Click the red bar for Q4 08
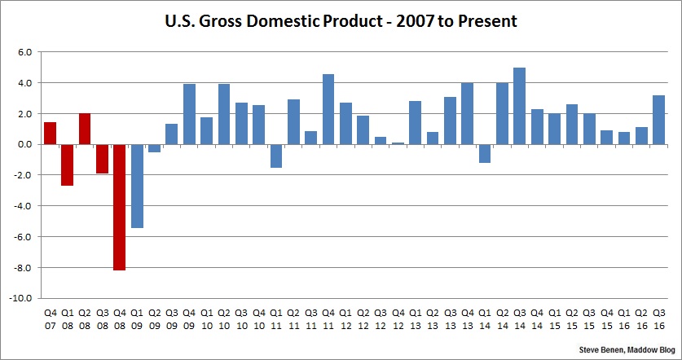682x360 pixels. [x=119, y=207]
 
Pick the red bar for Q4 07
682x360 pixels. [x=50, y=133]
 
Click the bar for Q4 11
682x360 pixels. [x=328, y=109]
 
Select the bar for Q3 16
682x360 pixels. [x=659, y=120]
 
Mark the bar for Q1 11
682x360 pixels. [x=276, y=156]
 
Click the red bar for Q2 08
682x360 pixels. [x=85, y=129]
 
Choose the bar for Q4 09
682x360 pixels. [x=189, y=114]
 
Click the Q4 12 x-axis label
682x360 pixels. [x=398, y=318]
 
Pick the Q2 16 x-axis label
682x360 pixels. [x=641, y=318]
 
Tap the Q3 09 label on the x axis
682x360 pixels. [x=171, y=318]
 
